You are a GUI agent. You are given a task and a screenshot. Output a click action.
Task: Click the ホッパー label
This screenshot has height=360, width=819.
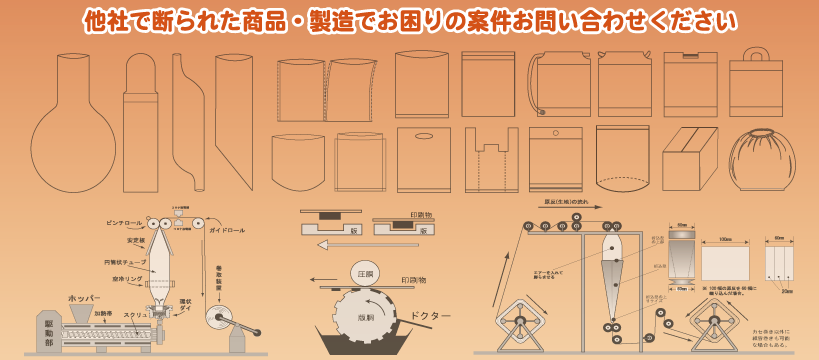pyautogui.click(x=84, y=298)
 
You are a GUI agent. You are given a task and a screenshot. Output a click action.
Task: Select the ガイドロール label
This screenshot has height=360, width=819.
pyautogui.click(x=227, y=231)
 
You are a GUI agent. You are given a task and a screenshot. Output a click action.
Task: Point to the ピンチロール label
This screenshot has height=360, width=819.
pyautogui.click(x=125, y=223)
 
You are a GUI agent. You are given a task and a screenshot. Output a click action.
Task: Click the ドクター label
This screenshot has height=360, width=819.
pyautogui.click(x=431, y=316)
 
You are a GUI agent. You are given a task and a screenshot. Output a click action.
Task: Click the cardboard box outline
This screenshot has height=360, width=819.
pyautogui.click(x=689, y=158)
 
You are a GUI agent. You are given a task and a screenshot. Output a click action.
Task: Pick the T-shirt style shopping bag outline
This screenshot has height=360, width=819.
pyautogui.click(x=492, y=160)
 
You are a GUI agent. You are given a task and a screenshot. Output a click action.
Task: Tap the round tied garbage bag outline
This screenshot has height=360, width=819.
pyautogui.click(x=761, y=159)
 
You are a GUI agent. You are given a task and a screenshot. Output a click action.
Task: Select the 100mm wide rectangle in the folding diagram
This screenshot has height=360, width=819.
pyautogui.click(x=725, y=263)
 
